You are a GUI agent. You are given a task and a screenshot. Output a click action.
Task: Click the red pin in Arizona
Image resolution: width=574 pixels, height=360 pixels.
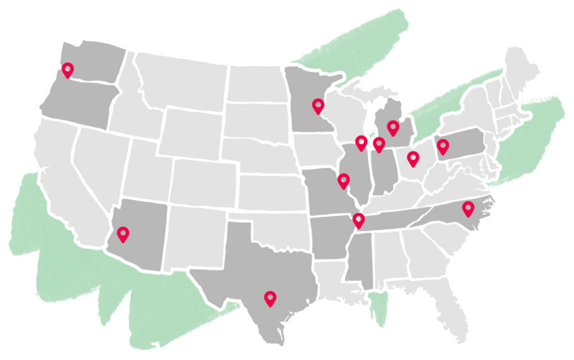[123, 234]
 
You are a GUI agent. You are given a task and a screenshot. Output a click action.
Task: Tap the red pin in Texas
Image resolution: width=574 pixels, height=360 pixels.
[270, 298]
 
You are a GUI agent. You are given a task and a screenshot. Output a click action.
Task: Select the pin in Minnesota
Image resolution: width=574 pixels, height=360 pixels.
[318, 105]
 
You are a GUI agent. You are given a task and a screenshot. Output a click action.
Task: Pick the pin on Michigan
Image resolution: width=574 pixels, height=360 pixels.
[393, 127]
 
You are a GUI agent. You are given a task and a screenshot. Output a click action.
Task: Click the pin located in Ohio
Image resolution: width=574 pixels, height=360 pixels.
[413, 157]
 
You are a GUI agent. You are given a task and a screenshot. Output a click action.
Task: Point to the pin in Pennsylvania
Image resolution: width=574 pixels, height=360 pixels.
[442, 146]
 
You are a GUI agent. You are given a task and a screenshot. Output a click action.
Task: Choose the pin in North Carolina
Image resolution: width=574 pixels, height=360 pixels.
[468, 208]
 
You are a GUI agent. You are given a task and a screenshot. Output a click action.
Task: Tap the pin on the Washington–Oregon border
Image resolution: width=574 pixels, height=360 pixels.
[68, 70]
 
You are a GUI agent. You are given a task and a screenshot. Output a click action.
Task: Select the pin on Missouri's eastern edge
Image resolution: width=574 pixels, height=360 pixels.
[343, 180]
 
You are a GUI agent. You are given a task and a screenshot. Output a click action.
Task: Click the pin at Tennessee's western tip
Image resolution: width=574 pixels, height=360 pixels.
[359, 220]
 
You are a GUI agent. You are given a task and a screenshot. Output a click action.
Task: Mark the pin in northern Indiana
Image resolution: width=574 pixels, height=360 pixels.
[379, 144]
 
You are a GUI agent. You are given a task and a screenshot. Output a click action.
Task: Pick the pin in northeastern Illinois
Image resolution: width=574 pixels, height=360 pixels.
[362, 142]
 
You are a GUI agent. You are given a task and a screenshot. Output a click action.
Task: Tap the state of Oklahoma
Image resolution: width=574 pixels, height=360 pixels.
[277, 230]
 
